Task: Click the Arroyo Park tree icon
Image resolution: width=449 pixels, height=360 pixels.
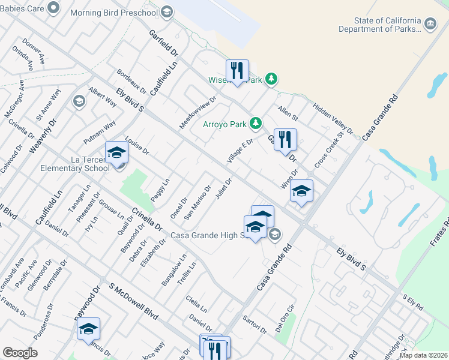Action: coord(256,124)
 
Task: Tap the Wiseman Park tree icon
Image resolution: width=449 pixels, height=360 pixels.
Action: coord(271,79)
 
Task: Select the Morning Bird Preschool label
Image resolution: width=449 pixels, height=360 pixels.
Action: coord(114,12)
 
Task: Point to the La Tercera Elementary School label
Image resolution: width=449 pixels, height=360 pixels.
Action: coord(74,163)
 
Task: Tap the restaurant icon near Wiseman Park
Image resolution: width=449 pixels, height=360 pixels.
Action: coord(238,71)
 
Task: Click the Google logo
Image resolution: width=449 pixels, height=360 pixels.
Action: coord(20,353)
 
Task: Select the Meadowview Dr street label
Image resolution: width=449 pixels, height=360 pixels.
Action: coord(197,112)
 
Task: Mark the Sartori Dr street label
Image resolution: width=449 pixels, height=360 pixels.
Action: coord(255,325)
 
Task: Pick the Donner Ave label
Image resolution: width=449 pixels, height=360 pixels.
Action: coord(34,52)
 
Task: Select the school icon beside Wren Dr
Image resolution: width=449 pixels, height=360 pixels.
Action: coord(301,191)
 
